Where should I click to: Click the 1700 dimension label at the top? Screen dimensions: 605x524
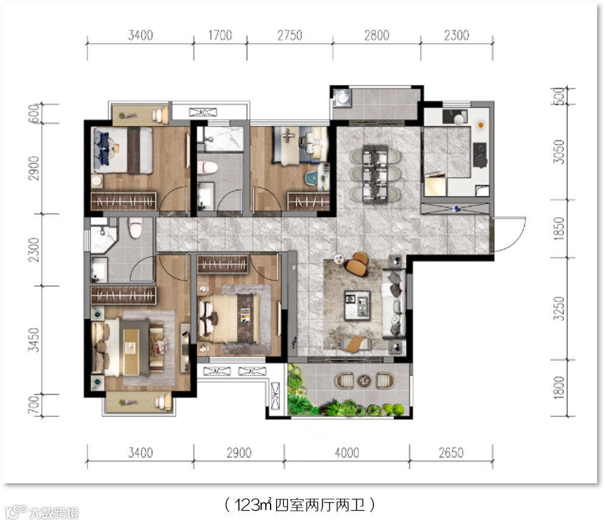point(220,35)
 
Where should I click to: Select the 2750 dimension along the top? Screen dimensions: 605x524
point(290,35)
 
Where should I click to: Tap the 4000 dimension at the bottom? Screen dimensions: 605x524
point(347,453)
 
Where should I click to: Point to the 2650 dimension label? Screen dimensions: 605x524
point(451,453)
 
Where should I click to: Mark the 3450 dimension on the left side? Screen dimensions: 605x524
point(34,340)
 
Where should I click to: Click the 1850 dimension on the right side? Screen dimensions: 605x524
point(559,229)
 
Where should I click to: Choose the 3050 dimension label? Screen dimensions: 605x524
point(559,151)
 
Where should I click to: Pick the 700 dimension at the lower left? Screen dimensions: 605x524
point(34,405)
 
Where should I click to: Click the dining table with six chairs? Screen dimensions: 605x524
point(375,173)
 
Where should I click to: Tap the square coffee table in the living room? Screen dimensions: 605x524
point(357,305)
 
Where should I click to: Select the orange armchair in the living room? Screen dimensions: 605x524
point(358,264)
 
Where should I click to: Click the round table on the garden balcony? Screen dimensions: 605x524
point(364,381)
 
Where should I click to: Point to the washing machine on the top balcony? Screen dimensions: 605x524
point(342,98)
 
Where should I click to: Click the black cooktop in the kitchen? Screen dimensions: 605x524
point(480,155)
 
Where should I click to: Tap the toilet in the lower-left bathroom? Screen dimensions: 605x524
point(134,229)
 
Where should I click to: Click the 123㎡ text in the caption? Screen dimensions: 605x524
point(253,505)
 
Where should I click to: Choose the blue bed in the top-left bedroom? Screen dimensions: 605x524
point(123,151)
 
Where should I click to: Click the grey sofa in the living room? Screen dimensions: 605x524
point(394,305)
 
